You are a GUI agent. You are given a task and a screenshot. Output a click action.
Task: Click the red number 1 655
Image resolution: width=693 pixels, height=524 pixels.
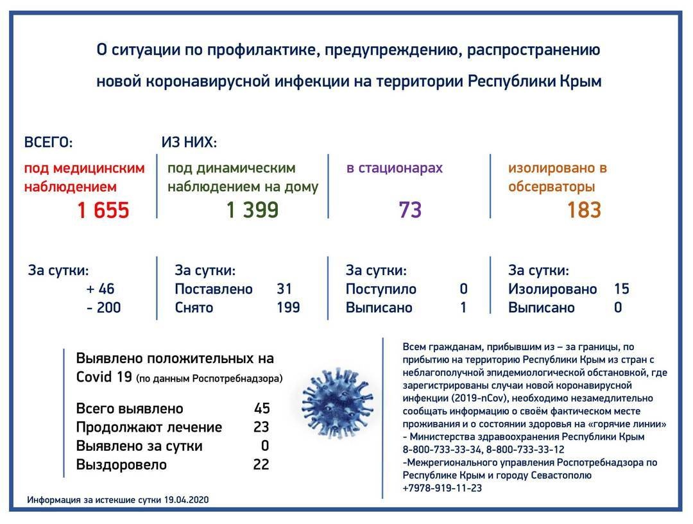[103, 210]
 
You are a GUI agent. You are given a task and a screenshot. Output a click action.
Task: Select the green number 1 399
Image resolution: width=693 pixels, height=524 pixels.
[252, 210]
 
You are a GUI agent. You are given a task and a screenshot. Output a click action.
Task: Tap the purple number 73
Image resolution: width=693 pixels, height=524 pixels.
[410, 210]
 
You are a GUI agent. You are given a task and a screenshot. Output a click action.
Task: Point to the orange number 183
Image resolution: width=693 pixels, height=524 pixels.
[584, 210]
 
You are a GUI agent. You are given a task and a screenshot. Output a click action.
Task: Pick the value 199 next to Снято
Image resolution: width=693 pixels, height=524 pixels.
[288, 308]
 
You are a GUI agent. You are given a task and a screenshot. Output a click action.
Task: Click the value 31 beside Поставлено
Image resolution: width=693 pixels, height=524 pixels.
[284, 289]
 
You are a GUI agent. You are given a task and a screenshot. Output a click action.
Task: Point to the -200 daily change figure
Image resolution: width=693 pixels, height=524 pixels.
[103, 308]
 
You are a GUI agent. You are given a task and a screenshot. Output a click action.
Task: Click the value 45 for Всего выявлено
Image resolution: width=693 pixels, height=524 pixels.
[262, 409]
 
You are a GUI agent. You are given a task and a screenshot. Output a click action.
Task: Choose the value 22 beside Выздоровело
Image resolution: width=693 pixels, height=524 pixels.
[261, 464]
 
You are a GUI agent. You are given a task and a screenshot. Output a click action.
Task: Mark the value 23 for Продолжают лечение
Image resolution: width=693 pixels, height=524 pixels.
[261, 427]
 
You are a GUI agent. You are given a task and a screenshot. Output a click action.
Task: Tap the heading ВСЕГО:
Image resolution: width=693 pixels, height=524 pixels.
[48, 142]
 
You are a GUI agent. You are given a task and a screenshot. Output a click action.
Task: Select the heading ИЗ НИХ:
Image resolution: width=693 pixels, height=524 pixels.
[189, 142]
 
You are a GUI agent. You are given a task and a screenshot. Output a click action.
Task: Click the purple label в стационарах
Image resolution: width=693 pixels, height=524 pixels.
[395, 168]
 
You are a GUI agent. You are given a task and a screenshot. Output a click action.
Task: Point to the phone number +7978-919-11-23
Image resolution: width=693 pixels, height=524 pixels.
[442, 488]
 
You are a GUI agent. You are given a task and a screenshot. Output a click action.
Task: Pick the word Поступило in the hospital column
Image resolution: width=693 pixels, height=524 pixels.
[381, 289]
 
